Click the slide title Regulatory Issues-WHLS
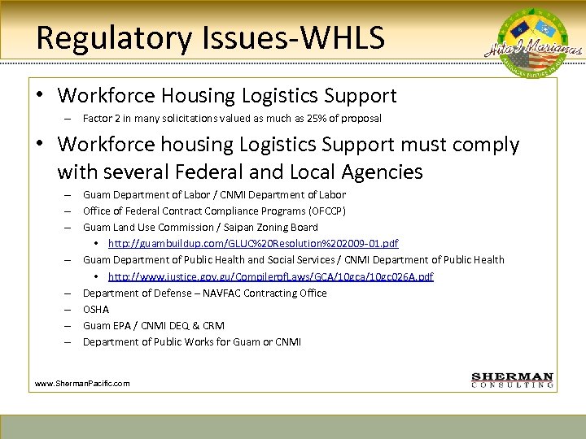point(211,37)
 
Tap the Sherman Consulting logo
point(513,380)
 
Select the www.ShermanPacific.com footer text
point(82,383)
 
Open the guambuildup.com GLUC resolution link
point(253,244)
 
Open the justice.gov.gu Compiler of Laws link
point(270,276)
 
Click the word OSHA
point(96,309)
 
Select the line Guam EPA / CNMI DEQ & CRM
point(154,325)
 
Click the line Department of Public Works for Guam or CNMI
point(192,341)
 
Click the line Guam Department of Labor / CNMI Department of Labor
point(214,195)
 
